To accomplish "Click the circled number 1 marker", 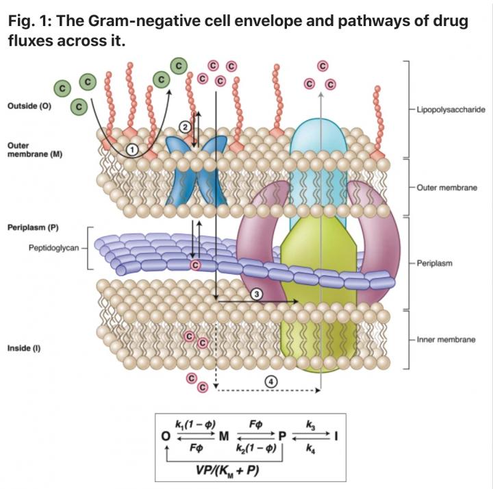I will point(133,149).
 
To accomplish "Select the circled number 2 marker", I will point(184,125).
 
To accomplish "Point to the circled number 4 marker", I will point(272,381).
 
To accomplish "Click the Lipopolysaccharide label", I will point(446,109).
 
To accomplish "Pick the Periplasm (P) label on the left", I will point(33,227).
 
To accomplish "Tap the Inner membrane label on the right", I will point(446,339).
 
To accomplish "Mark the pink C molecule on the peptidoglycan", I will point(195,264).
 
